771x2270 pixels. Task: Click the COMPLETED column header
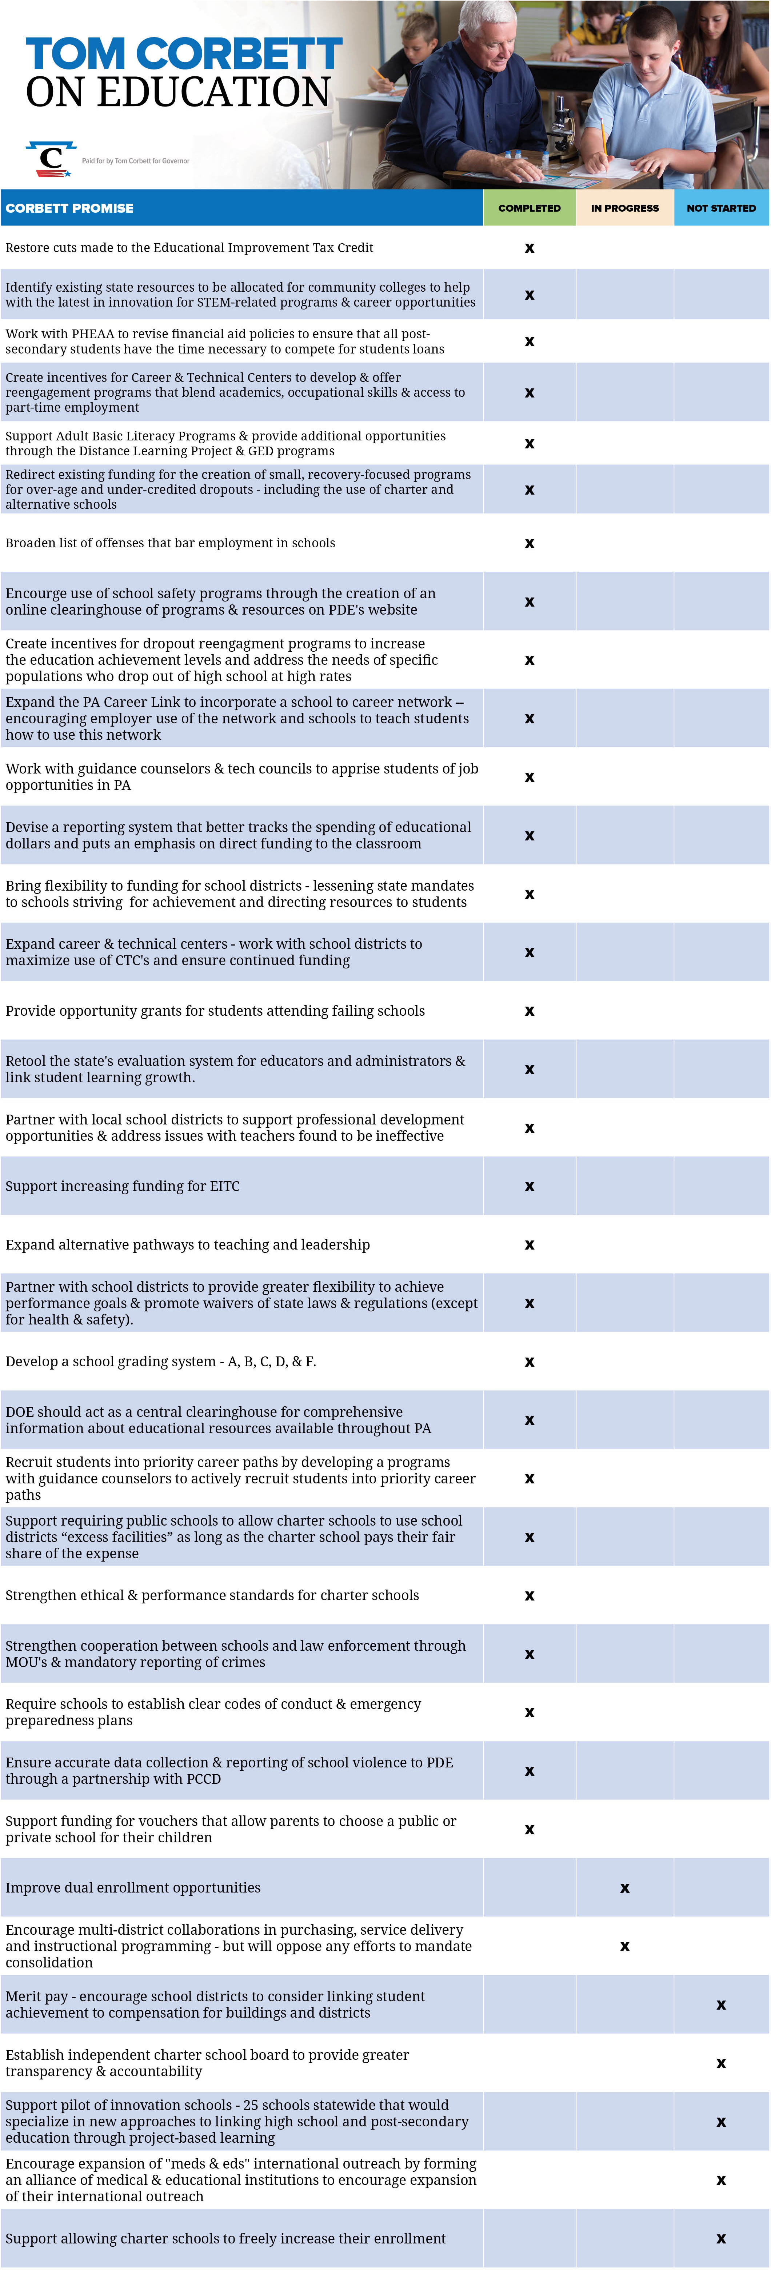pyautogui.click(x=529, y=208)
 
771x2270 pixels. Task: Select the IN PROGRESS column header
pyautogui.click(x=625, y=208)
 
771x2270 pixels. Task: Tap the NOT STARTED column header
pyautogui.click(x=721, y=208)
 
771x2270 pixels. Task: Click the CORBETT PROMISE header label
pyautogui.click(x=69, y=208)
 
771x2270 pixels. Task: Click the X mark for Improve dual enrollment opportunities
pyautogui.click(x=625, y=1887)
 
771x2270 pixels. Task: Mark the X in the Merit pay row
pyautogui.click(x=721, y=2005)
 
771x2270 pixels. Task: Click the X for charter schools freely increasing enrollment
pyautogui.click(x=721, y=2238)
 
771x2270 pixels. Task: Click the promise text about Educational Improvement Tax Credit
pyautogui.click(x=189, y=248)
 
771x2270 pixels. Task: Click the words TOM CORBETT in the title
pyautogui.click(x=183, y=55)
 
